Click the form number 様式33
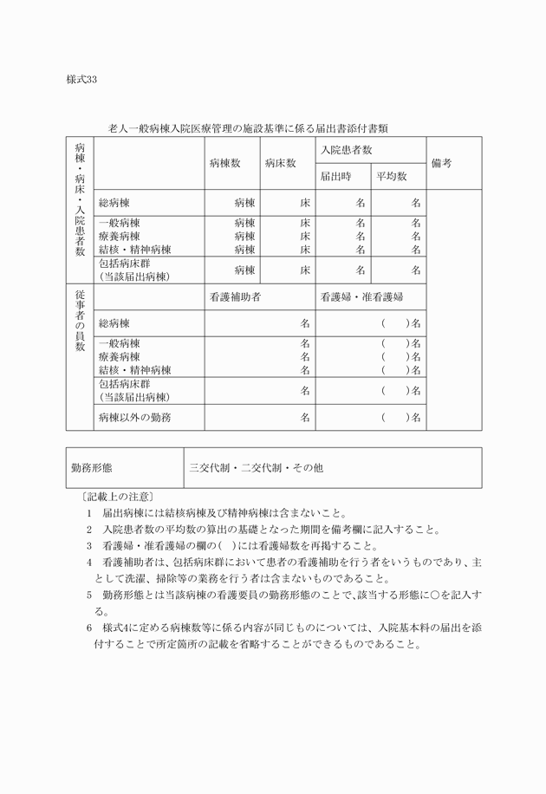[81, 80]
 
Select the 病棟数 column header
[224, 163]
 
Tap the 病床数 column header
[281, 163]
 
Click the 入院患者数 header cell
[346, 150]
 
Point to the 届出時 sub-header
[335, 176]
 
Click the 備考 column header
[441, 163]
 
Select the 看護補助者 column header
[235, 296]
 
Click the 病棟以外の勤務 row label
[134, 417]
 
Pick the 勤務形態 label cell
[91, 467]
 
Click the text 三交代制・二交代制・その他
[257, 467]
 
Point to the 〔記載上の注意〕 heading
[114, 497]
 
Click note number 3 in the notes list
[89, 546]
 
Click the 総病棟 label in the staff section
[114, 322]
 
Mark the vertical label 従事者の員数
[80, 321]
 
